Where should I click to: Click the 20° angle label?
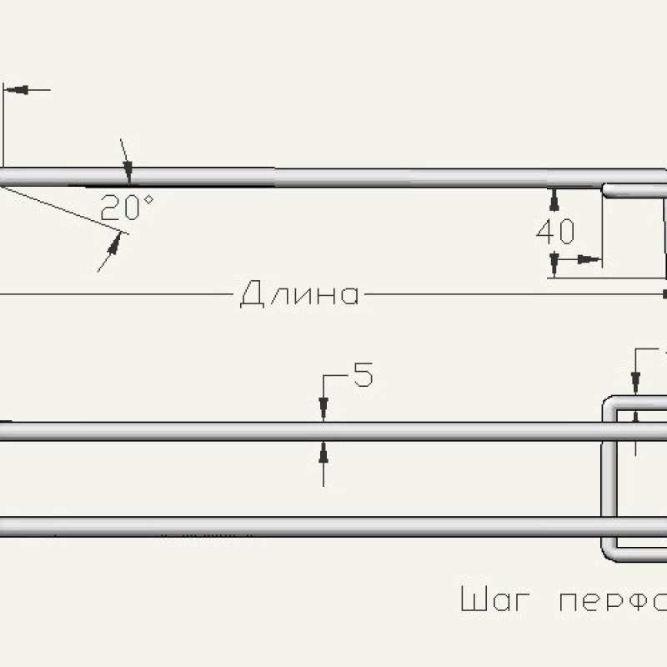coord(127,208)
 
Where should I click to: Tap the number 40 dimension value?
coord(556,232)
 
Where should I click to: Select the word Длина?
coord(299,294)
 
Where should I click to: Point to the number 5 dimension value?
coord(363,376)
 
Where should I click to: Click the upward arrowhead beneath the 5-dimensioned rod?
coord(323,450)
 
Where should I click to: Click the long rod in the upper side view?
coord(333,178)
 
